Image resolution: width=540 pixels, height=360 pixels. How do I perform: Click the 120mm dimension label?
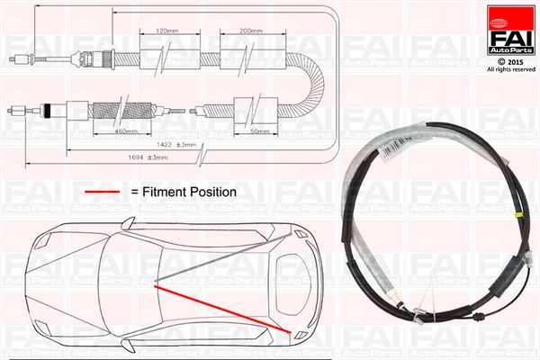pyautogui.click(x=167, y=31)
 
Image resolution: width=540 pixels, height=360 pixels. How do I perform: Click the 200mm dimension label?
pyautogui.click(x=251, y=31)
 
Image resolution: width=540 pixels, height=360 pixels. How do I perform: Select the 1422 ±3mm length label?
pyautogui.click(x=176, y=145)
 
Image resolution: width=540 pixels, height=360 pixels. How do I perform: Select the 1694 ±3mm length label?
pyautogui.click(x=148, y=157)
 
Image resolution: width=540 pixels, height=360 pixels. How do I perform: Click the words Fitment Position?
pyautogui.click(x=189, y=192)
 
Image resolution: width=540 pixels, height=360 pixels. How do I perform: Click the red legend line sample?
pyautogui.click(x=103, y=192)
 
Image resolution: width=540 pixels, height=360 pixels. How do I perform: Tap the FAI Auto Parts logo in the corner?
pyautogui.click(x=510, y=30)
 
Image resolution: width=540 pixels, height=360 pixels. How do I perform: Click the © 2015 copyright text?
pyautogui.click(x=510, y=62)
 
